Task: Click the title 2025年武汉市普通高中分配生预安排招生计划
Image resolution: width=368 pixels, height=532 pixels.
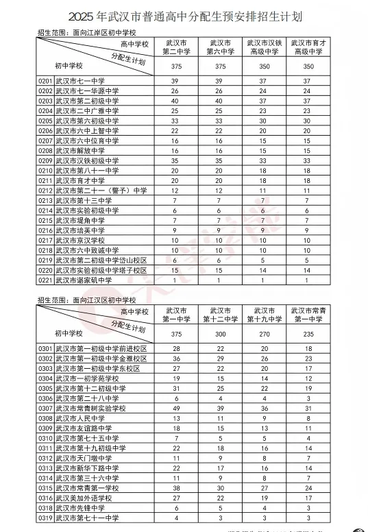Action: [x=183, y=14]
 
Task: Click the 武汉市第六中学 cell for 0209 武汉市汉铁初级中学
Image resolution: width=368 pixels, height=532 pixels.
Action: [x=220, y=160]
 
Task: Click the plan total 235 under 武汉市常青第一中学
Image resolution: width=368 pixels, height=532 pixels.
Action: [x=308, y=334]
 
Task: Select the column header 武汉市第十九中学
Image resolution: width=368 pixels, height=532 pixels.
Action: [x=265, y=315]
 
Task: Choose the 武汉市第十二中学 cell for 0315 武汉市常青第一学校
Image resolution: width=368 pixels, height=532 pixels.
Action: [x=220, y=488]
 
